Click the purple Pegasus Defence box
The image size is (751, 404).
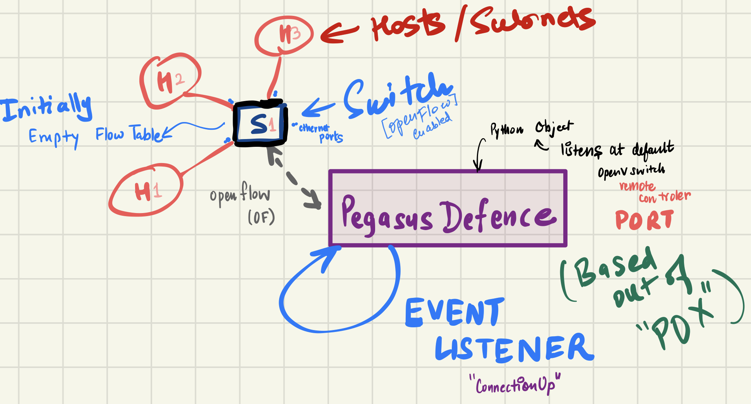click(448, 208)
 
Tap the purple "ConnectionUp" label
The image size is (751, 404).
click(515, 385)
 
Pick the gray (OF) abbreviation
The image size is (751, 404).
click(261, 217)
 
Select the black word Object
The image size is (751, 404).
click(554, 127)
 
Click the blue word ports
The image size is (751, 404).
click(331, 137)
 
